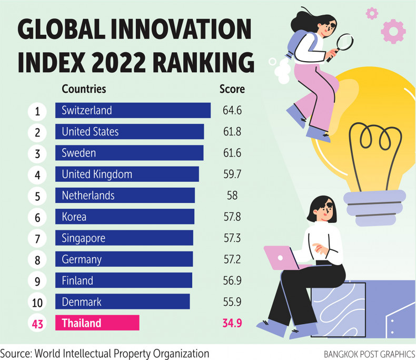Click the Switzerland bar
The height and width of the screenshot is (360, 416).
tap(133, 111)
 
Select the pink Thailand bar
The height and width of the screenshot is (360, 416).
tap(97, 323)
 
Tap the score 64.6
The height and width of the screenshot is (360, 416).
tap(232, 111)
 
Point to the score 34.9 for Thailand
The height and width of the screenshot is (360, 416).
tap(232, 323)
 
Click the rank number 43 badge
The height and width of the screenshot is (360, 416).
tap(37, 323)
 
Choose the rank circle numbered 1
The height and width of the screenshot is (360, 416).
tap(37, 111)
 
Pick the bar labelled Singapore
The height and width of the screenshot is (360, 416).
tap(124, 238)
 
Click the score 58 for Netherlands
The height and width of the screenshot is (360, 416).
tap(232, 196)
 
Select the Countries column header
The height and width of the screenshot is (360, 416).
tap(84, 89)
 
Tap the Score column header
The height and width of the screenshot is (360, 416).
tap(232, 89)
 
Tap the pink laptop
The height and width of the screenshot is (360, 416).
tap(282, 257)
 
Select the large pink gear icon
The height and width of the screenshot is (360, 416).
tap(393, 31)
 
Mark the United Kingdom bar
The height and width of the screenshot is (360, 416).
tap(127, 174)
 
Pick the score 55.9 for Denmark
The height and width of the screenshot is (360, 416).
tap(232, 302)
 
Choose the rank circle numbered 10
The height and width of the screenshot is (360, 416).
tap(37, 302)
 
